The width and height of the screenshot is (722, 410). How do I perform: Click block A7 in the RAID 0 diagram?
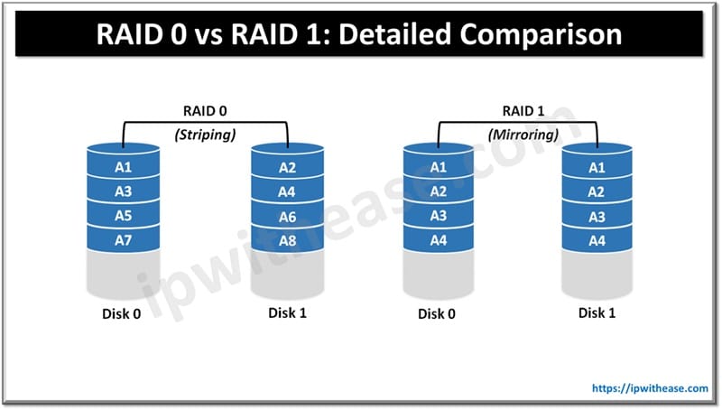coord(124,238)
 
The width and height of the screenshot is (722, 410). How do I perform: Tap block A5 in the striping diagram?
coord(124,215)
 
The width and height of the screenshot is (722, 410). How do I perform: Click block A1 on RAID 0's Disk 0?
coord(124,168)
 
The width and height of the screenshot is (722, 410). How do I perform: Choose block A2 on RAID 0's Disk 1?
coord(288,168)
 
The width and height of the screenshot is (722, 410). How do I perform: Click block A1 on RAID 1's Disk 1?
coord(597,168)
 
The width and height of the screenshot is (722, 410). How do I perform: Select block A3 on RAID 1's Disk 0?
coord(438,215)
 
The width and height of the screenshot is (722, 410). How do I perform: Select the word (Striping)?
coord(205,134)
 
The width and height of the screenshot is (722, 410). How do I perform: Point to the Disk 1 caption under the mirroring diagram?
coord(597,313)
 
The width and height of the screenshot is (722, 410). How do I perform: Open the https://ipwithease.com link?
coord(649,387)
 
